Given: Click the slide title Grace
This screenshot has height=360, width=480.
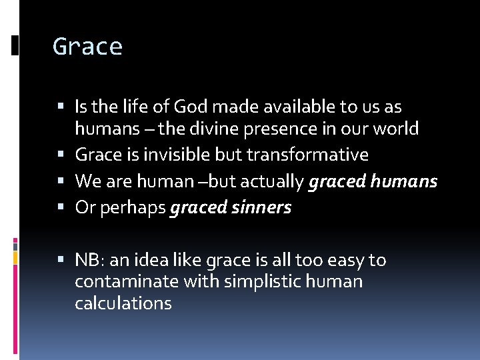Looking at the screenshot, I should [87, 47].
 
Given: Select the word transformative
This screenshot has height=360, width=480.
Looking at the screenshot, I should [307, 155].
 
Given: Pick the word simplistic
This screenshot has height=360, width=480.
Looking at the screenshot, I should [269, 281].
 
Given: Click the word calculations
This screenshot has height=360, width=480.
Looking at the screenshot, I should [123, 303].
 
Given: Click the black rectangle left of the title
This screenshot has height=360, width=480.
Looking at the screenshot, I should [15, 45].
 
